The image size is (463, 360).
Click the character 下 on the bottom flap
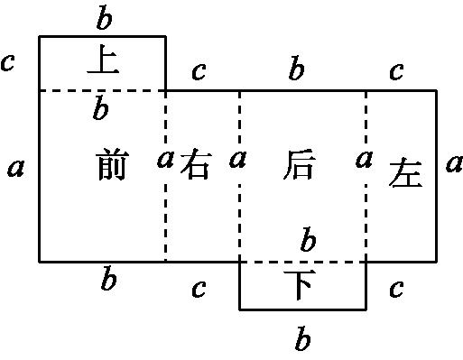click(302, 286)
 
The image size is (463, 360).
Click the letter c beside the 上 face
click(9, 62)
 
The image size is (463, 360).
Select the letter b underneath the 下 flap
click(303, 340)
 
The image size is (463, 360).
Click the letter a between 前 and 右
click(165, 160)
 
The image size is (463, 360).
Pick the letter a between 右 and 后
click(238, 160)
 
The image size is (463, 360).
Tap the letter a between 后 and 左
click(365, 160)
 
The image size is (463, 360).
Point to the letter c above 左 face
click(395, 71)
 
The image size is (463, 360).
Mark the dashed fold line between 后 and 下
click(271, 262)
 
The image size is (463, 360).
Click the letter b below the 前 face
click(108, 280)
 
